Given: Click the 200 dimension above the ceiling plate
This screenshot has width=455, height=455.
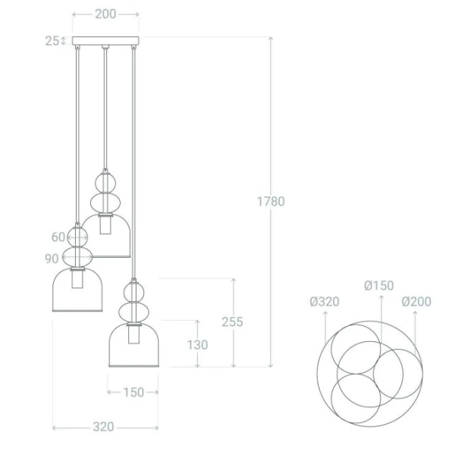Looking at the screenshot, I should tap(105, 14).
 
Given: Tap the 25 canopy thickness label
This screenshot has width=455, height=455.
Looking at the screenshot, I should tap(52, 41).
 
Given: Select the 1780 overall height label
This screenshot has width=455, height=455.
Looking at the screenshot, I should tap(271, 202).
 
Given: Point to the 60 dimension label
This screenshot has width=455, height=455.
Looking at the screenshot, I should tap(58, 237).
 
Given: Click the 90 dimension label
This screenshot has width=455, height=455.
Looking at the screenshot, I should tap(52, 259).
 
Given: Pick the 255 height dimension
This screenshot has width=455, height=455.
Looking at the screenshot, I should tap(233, 322).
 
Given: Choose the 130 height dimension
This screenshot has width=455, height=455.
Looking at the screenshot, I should tap(197, 345).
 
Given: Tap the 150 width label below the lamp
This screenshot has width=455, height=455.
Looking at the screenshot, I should tap(133, 392).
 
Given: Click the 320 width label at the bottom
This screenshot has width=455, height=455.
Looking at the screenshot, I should tap(104, 427).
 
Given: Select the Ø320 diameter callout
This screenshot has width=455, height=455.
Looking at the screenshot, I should tap(324, 302).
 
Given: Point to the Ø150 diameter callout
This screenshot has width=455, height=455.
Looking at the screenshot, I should tap(378, 286).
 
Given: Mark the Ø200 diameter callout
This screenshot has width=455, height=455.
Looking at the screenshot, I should tap(416, 302).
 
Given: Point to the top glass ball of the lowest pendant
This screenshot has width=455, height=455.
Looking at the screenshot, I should tap(134, 291).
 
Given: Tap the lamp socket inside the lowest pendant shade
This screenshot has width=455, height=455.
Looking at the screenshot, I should tap(134, 333).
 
